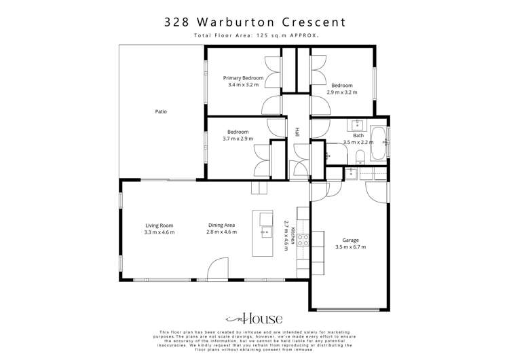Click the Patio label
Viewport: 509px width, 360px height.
tap(161, 111)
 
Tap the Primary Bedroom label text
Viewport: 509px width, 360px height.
tap(243, 78)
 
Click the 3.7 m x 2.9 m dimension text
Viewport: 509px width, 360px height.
tap(238, 139)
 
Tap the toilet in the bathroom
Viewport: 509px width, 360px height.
tap(361, 158)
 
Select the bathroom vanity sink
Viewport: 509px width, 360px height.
tap(357, 124)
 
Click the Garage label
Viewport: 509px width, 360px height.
tap(350, 240)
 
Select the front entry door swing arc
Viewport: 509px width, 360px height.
tap(217, 268)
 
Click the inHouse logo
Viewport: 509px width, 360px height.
tap(254, 319)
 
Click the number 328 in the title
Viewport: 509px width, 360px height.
tap(176, 22)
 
